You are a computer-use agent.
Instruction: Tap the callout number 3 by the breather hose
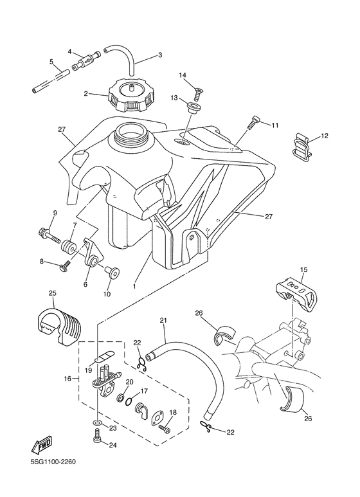[x=159, y=55]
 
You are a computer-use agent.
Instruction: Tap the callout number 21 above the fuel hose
[x=163, y=320]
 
